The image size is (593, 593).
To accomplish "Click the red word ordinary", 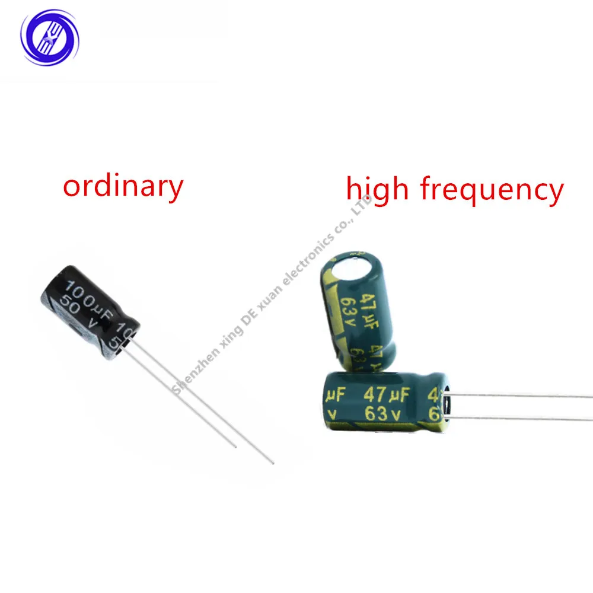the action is point(123,187).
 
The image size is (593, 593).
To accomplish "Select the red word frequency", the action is point(492,191).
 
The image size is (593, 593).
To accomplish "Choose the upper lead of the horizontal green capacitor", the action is point(522,396).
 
